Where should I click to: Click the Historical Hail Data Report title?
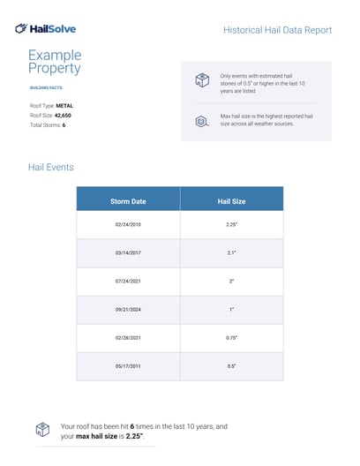pyautogui.click(x=278, y=30)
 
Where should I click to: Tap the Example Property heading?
pyautogui.click(x=55, y=62)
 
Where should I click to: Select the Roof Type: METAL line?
pyautogui.click(x=51, y=105)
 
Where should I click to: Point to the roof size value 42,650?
pyautogui.click(x=64, y=115)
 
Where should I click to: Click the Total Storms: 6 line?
pyautogui.click(x=48, y=125)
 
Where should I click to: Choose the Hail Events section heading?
pyautogui.click(x=52, y=167)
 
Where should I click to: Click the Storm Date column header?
pyautogui.click(x=128, y=201)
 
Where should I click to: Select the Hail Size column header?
pyautogui.click(x=231, y=201)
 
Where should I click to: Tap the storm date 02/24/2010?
pyautogui.click(x=128, y=225)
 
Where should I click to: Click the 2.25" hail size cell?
pyautogui.click(x=231, y=225)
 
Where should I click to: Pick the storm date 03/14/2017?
pyautogui.click(x=128, y=253)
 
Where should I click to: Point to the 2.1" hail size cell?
pyautogui.click(x=231, y=253)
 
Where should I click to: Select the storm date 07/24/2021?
pyautogui.click(x=128, y=281)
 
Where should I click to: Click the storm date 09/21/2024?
pyautogui.click(x=128, y=309)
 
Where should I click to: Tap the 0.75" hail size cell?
pyautogui.click(x=231, y=337)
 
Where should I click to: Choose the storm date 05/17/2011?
pyautogui.click(x=128, y=365)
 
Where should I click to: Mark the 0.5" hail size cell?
pyautogui.click(x=231, y=365)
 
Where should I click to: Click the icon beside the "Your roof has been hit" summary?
pyautogui.click(x=41, y=430)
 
